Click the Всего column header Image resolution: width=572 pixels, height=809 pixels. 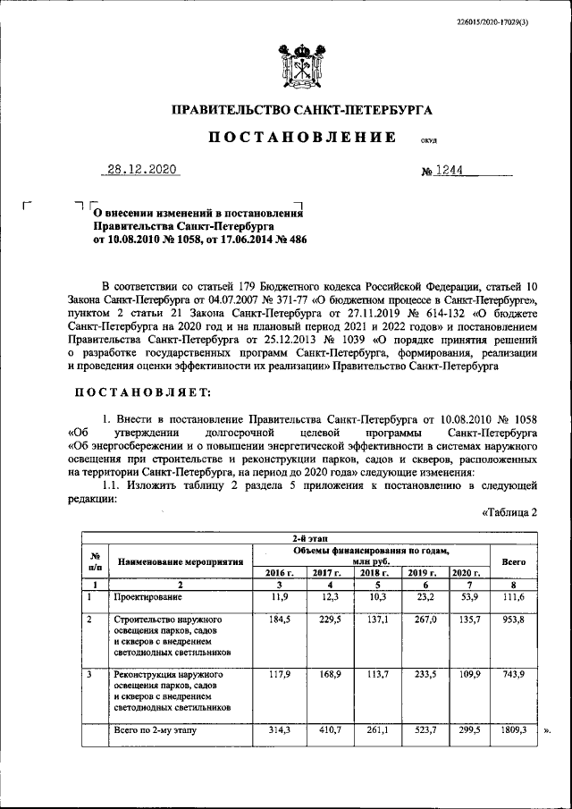tap(513, 562)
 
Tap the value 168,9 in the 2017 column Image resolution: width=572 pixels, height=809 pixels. tap(327, 675)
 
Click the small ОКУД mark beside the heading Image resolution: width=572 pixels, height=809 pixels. tap(428, 140)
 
